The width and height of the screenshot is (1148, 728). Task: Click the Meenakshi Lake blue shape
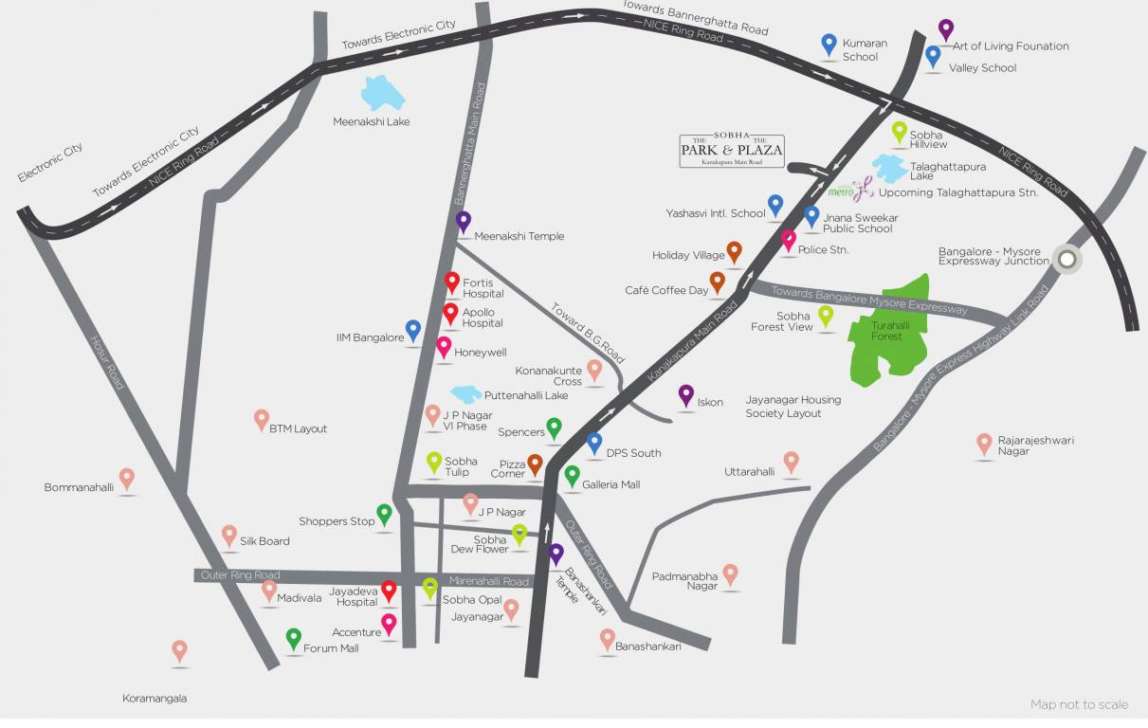click(x=384, y=94)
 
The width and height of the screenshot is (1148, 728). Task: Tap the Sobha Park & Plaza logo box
click(x=731, y=151)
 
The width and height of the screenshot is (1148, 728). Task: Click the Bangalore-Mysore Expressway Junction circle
click(x=1067, y=259)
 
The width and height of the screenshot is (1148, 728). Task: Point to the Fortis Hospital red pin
click(x=452, y=282)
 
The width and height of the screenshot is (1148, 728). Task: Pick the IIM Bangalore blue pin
click(x=413, y=329)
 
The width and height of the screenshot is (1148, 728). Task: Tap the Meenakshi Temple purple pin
click(x=463, y=221)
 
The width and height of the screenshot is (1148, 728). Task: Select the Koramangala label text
click(x=155, y=699)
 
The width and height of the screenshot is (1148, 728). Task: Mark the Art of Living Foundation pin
click(x=945, y=29)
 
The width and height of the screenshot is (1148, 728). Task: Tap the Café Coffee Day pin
click(x=717, y=282)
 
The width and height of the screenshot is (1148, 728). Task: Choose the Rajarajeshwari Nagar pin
click(x=984, y=442)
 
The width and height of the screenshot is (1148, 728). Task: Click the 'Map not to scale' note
click(x=1079, y=704)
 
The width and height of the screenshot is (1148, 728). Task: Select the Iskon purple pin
click(x=686, y=394)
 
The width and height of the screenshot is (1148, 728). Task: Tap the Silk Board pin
click(x=229, y=535)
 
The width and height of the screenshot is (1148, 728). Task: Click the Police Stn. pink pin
click(x=788, y=240)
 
